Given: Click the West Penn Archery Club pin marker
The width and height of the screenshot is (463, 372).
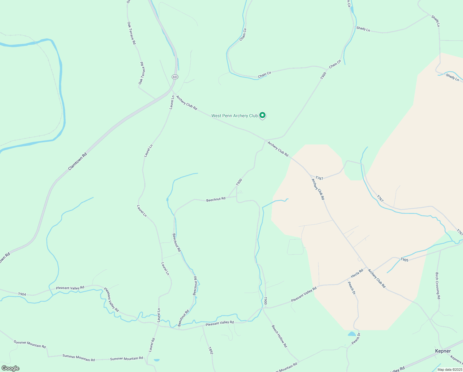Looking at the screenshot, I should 262,115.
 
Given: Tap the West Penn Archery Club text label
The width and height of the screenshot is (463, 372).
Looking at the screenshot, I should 234,116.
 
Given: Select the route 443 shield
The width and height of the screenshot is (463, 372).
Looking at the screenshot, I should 175,77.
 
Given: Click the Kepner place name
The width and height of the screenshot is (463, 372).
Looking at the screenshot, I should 443,351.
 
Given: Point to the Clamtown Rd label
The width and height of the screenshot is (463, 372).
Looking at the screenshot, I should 77,161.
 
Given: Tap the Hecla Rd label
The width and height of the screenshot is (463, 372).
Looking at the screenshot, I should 357,273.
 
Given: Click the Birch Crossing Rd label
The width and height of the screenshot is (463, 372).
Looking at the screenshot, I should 437,286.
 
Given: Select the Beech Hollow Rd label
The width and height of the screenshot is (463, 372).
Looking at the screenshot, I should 279,336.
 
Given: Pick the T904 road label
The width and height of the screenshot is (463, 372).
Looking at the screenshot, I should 22,294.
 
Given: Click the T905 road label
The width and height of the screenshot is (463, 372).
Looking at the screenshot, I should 404,260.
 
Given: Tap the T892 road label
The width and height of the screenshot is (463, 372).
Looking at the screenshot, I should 210,350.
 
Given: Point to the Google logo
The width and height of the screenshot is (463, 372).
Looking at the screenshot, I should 10,368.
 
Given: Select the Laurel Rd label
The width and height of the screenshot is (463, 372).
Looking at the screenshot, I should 151,345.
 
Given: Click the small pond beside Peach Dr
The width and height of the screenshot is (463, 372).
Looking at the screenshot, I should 352,334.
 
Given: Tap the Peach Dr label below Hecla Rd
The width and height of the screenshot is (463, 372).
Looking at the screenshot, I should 351,288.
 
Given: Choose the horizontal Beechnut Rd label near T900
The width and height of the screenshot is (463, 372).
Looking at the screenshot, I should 216,199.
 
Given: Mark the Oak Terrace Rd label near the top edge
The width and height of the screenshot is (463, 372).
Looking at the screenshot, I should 132,33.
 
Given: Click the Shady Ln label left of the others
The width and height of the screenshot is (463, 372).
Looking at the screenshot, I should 363,29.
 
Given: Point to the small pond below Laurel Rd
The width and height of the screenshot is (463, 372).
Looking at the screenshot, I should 157,360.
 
